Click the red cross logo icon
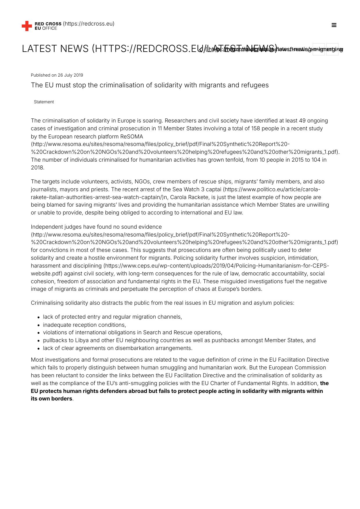click(27, 26)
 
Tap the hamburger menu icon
click(334, 25)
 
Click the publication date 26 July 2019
click(70, 75)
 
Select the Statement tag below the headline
click(44, 102)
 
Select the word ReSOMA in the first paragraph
click(132, 136)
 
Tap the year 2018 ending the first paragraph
click(37, 168)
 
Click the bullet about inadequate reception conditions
click(84, 325)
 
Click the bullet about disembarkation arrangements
click(118, 348)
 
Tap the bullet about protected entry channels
click(112, 317)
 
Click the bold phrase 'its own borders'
click(51, 399)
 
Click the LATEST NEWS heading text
click(55, 49)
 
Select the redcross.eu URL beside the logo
click(89, 24)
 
